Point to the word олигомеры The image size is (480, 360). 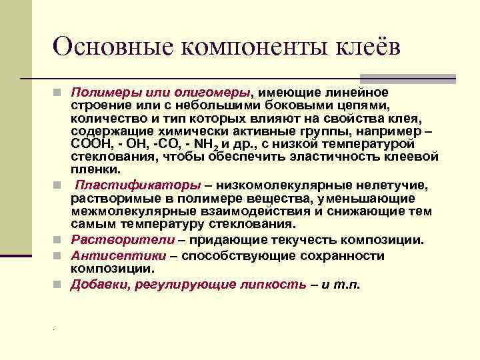pyautogui.click(x=215, y=91)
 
